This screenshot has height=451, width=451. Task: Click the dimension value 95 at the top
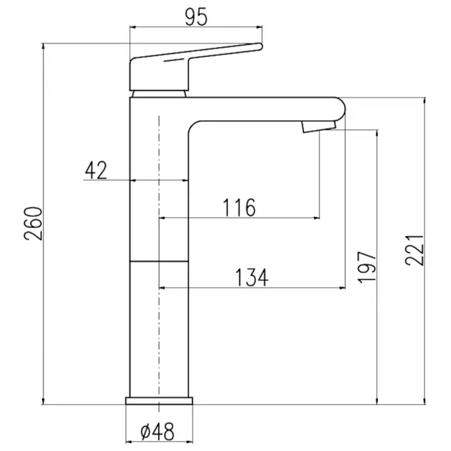[x=195, y=17]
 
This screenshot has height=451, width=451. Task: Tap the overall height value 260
[x=33, y=224]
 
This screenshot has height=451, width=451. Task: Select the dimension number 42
[x=96, y=170]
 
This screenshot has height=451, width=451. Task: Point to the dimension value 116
[x=239, y=208]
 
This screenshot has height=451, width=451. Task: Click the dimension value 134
[x=252, y=277]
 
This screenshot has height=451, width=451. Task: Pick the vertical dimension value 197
[x=367, y=267]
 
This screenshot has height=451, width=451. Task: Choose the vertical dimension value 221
[x=414, y=250]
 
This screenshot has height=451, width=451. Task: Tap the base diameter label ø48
[x=157, y=431]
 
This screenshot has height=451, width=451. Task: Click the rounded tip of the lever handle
[x=260, y=47]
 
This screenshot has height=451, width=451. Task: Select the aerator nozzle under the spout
[x=319, y=127]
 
